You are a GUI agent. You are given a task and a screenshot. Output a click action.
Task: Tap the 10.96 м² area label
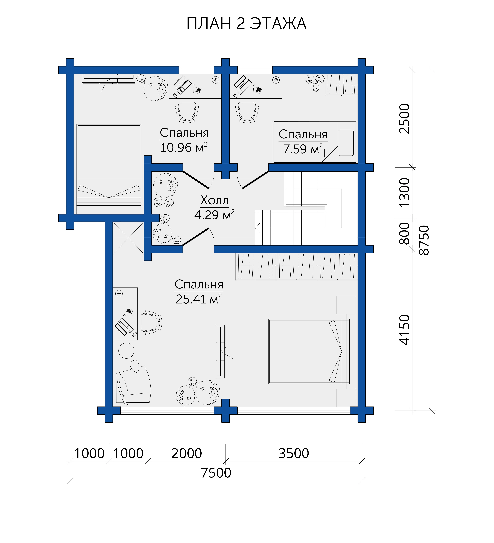[x=184, y=147]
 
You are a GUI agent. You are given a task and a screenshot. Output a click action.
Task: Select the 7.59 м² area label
[x=303, y=149]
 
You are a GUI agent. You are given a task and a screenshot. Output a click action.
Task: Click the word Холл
[x=215, y=200]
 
